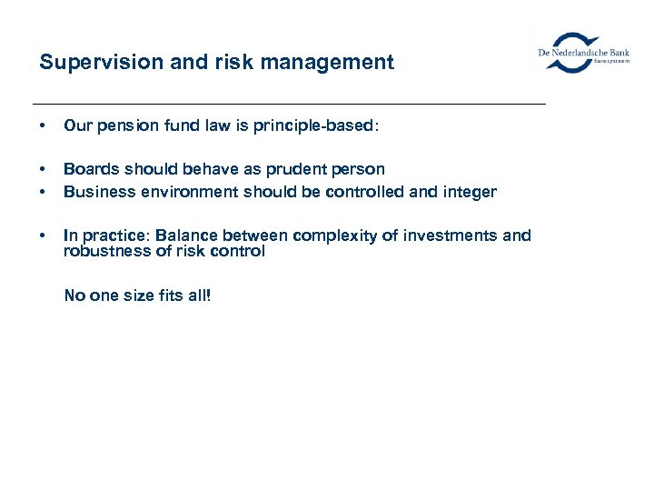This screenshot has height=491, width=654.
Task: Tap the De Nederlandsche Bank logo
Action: (582, 53)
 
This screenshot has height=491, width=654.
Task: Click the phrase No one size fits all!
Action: (136, 296)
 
